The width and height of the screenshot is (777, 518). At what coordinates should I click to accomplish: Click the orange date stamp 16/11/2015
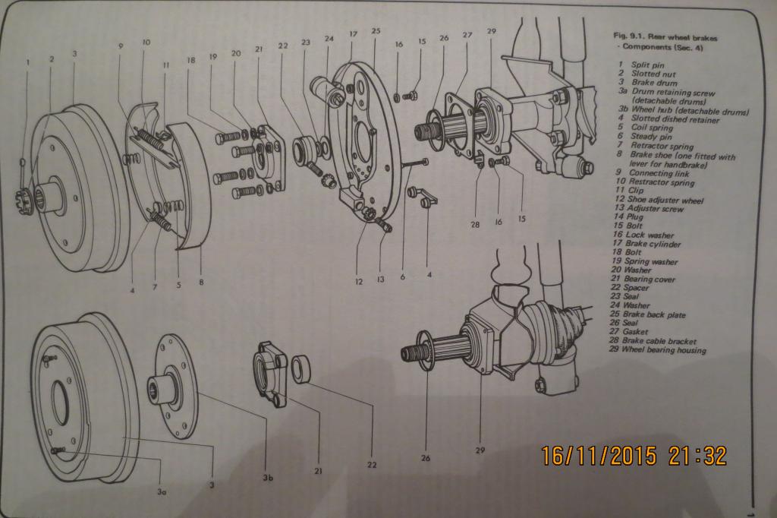[x=599, y=456]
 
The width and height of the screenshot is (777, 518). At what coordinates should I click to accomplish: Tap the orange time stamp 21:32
[x=698, y=456]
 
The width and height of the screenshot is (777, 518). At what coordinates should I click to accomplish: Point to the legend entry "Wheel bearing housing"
[x=663, y=350]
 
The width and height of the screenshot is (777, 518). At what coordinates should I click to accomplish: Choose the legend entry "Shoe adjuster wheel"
[x=665, y=200]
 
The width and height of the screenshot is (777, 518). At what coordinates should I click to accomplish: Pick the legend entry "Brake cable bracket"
[x=659, y=341]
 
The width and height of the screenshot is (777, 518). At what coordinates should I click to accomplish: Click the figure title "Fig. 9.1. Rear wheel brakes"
[x=665, y=36]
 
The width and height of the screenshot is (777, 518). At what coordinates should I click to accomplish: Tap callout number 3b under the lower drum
[x=268, y=478]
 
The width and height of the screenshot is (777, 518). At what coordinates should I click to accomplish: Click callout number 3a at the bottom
[x=162, y=491]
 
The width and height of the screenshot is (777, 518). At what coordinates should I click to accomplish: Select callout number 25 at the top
[x=376, y=31]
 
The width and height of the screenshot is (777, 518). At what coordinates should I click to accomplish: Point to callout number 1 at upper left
[x=28, y=62]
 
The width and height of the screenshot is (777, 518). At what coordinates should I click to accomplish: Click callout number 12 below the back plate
[x=359, y=282]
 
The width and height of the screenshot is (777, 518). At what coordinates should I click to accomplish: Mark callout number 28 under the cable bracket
[x=475, y=224]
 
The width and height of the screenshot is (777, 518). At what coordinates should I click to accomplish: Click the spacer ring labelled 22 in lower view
[x=301, y=368]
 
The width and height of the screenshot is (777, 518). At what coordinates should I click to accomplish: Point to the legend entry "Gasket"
[x=636, y=331]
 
